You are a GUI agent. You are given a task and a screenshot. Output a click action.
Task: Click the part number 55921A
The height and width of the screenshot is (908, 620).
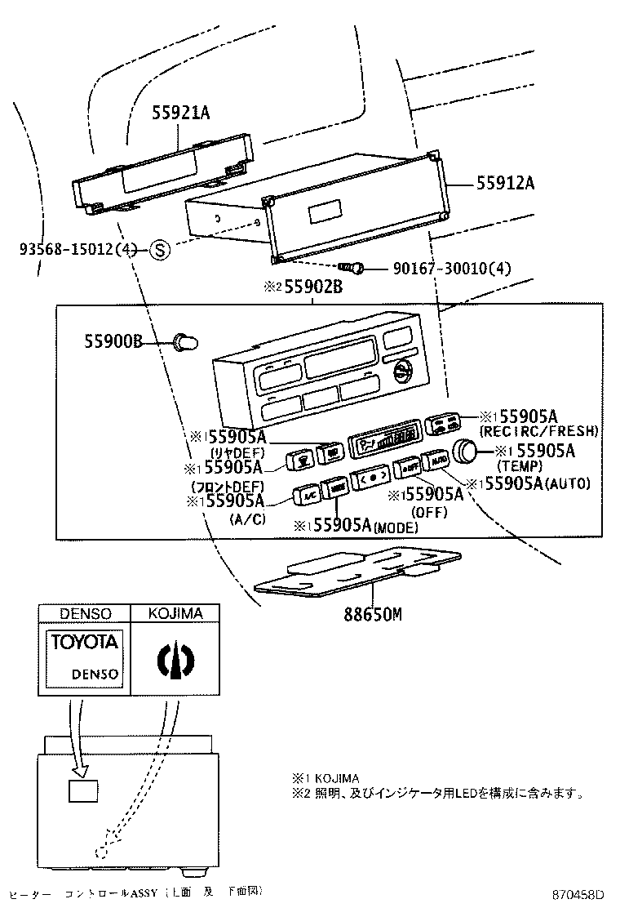[180, 113]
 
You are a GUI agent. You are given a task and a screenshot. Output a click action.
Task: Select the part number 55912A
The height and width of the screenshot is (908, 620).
[505, 184]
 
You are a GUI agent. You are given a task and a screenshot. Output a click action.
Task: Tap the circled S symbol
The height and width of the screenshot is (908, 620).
[160, 251]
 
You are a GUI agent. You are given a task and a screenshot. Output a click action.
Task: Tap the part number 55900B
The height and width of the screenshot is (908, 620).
[113, 340]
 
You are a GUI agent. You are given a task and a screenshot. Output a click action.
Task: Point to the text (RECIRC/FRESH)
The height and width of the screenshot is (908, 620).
[539, 430]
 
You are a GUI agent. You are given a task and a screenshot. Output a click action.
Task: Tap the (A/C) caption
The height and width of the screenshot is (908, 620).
[248, 519]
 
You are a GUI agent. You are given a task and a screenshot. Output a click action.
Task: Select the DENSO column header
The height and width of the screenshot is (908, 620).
[85, 613]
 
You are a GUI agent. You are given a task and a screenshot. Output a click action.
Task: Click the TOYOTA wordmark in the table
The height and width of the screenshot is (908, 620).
[85, 643]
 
